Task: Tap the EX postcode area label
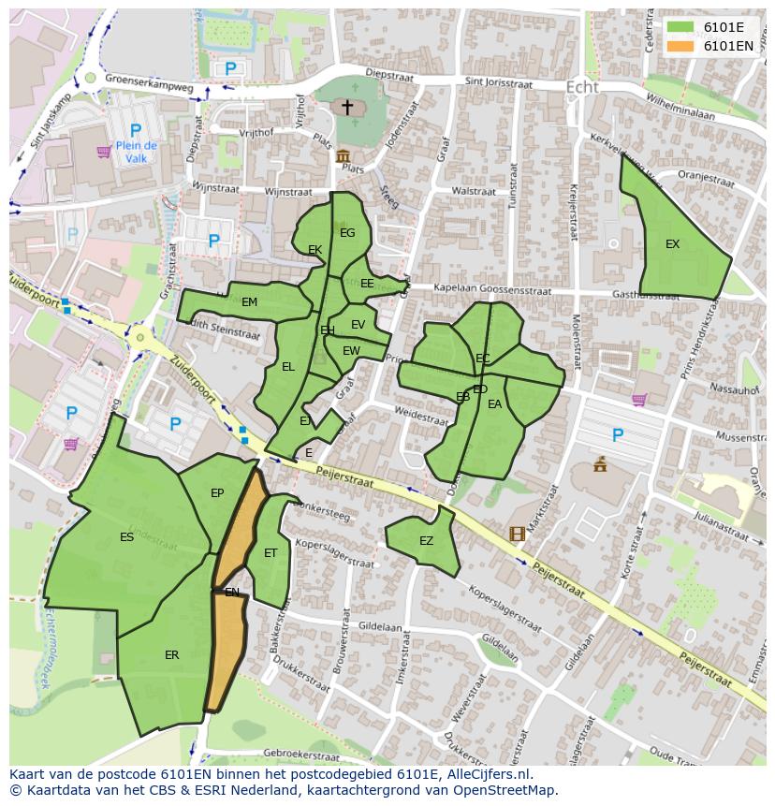(x=672, y=244)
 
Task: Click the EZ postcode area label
(x=426, y=541)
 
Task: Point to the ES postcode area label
(x=126, y=537)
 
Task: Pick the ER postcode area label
(x=171, y=655)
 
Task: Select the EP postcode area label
(x=217, y=493)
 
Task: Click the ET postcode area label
(x=271, y=553)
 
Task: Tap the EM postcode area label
(x=249, y=302)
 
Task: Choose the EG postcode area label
(x=347, y=233)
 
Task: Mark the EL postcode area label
(x=288, y=367)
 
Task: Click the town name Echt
(x=581, y=87)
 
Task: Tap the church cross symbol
(x=347, y=108)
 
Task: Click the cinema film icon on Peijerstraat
(x=517, y=534)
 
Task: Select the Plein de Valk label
(x=137, y=152)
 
